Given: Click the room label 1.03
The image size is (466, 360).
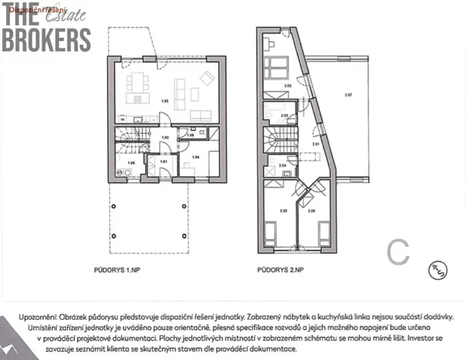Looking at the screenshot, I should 164,101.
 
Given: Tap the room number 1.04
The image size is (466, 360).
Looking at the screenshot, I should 195,156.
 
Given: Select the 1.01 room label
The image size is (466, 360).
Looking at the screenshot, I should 163,162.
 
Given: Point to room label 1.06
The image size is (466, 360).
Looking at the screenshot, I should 131,163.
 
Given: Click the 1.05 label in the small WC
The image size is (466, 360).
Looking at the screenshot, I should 190,135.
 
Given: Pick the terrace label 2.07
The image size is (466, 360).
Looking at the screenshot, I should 348,95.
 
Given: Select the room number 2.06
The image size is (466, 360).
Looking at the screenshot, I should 311,210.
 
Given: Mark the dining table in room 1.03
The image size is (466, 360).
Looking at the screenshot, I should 139,80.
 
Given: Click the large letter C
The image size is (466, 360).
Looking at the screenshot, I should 397,250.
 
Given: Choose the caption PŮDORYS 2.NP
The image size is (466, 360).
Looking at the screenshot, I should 281,271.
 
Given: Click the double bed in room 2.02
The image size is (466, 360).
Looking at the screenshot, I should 274,64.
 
